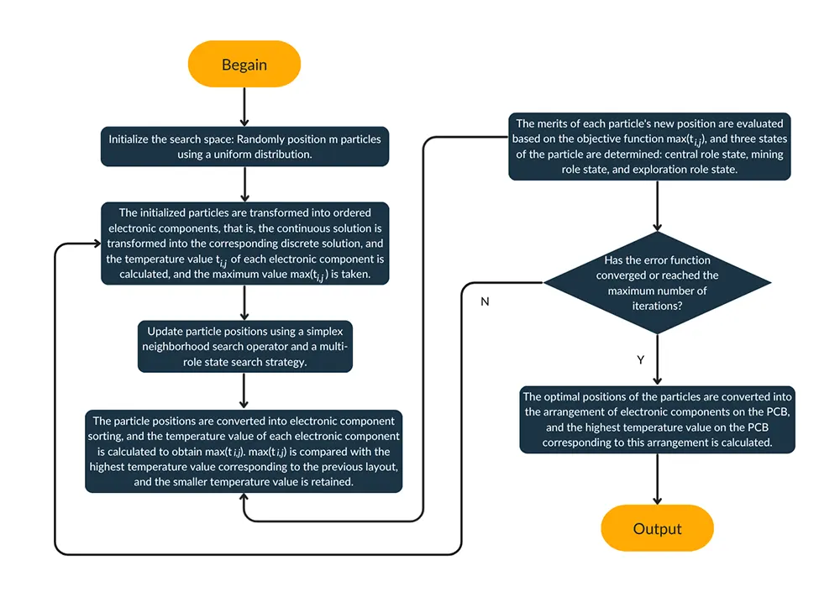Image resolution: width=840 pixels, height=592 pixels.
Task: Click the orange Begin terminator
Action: click(x=244, y=65)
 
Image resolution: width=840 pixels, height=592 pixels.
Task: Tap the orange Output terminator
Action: click(x=657, y=528)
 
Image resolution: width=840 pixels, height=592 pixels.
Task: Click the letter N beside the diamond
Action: click(x=485, y=301)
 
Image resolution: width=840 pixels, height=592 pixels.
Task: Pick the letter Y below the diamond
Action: click(x=641, y=359)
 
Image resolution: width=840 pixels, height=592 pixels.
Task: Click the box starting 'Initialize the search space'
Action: click(x=244, y=146)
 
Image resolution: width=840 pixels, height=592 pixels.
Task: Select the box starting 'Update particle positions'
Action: click(x=244, y=346)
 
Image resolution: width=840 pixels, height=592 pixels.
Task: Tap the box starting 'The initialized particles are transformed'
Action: click(x=244, y=244)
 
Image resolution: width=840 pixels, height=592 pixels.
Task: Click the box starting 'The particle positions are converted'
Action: click(x=244, y=451)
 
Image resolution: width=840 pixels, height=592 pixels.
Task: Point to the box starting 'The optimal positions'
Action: click(x=656, y=420)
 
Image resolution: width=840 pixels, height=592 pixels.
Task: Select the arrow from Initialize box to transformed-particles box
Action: click(x=244, y=183)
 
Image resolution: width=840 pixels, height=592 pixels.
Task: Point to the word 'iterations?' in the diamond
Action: click(x=656, y=306)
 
